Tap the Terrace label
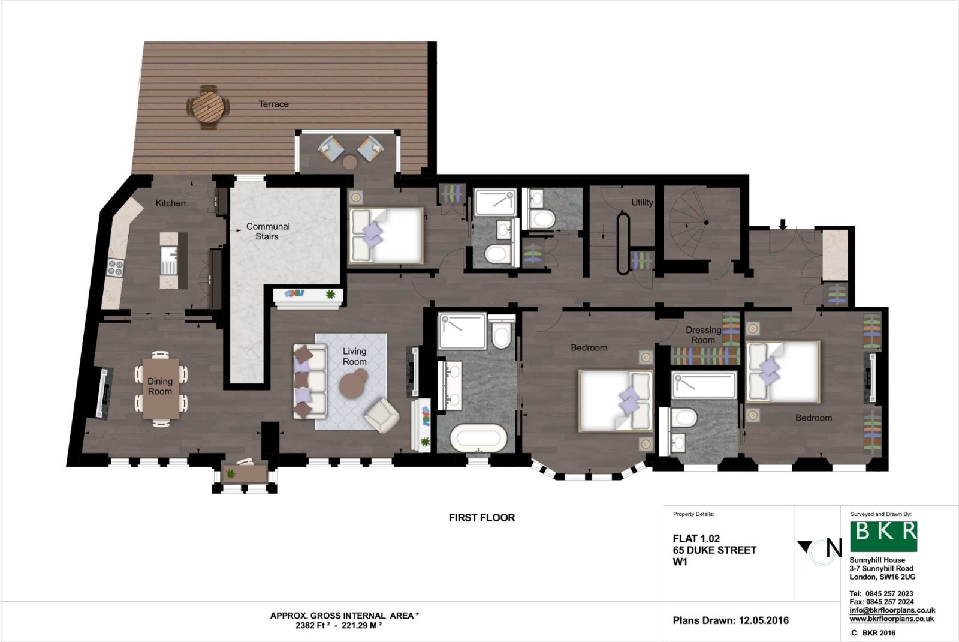273,104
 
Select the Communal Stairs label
267,231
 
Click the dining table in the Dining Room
160,388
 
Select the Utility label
642,203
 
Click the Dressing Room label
703,335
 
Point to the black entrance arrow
782,224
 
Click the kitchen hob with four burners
115,268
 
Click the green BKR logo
883,536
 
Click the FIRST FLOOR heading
482,517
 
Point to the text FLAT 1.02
696,539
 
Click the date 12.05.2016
764,620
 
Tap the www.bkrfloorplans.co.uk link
891,619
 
